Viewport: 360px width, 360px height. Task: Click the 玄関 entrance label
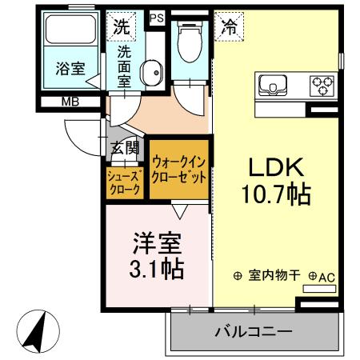[126, 147]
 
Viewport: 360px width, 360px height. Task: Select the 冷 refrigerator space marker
[227, 25]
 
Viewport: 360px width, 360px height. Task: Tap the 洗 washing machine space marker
[120, 26]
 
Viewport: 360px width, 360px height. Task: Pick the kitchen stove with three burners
[322, 82]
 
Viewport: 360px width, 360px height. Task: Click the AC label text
[326, 276]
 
